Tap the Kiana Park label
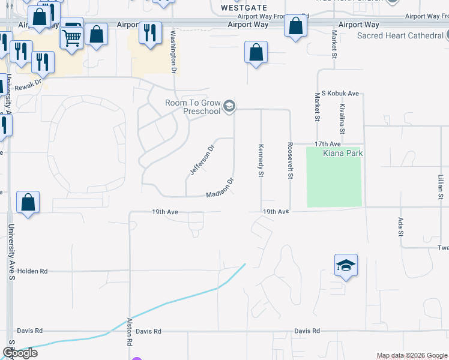click(343, 154)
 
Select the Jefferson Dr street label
click(202, 160)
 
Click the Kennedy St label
click(261, 161)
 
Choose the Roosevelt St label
click(290, 161)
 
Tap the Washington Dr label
click(173, 52)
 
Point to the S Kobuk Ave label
click(340, 94)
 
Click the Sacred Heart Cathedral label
click(400, 36)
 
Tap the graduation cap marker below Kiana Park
click(346, 265)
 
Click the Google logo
click(20, 353)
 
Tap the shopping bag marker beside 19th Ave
click(28, 202)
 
